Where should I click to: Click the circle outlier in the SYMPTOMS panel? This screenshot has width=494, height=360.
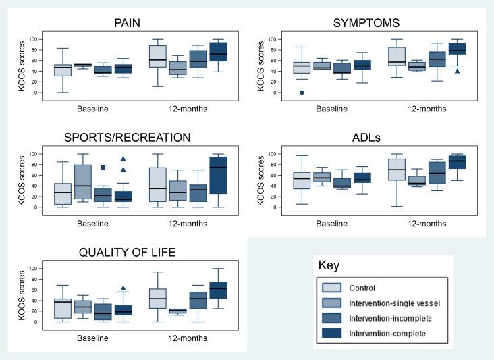click(302, 93)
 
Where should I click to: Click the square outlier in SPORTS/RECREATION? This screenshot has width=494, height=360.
click(103, 167)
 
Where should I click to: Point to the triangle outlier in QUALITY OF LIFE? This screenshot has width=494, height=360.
click(123, 288)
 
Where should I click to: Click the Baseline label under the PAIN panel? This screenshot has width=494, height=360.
click(94, 108)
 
